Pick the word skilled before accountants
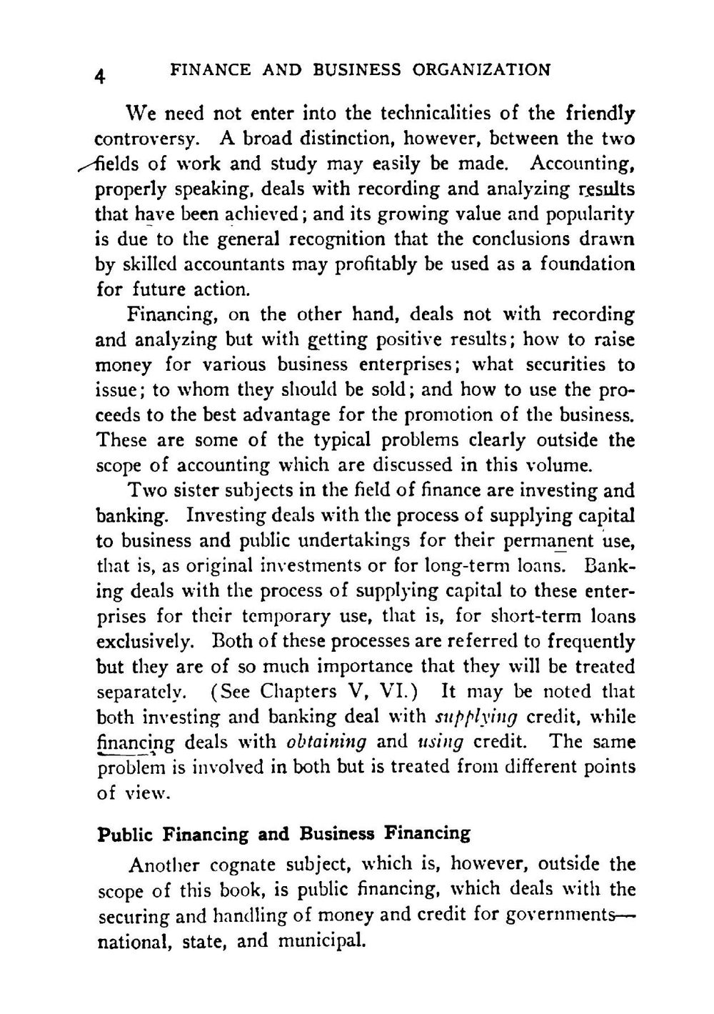coord(146,264)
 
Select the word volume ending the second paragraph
coord(557,466)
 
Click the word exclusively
coord(143,642)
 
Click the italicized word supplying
coord(475,717)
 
